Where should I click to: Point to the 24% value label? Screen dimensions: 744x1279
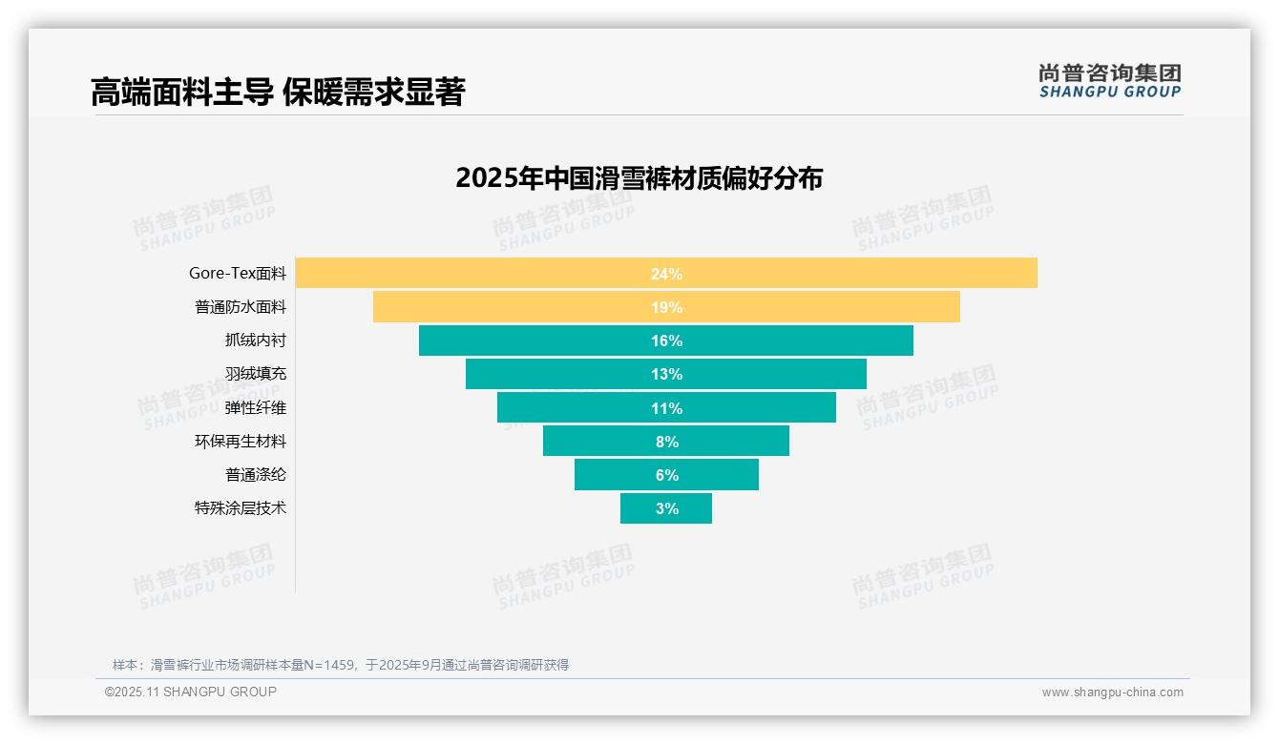coord(666,274)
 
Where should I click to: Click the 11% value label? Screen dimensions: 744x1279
coord(666,408)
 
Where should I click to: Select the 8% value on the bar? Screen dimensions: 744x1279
coord(666,442)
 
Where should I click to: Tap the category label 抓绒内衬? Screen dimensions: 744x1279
coord(255,341)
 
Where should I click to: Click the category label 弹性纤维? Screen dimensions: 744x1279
coord(255,407)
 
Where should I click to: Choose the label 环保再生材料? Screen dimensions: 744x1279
coord(240,441)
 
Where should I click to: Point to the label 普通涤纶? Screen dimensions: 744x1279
coord(255,474)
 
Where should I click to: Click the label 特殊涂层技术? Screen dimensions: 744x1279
coord(240,507)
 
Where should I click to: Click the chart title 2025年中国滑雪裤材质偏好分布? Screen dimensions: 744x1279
coord(639,178)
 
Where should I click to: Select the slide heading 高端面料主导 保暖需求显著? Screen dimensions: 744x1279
coord(277,93)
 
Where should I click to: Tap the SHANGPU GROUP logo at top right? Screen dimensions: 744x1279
coord(1109,81)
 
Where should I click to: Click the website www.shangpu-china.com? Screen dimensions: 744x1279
coord(1112,692)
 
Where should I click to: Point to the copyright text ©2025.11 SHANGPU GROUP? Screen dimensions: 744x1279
coord(190,692)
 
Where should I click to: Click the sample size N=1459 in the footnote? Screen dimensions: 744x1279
coord(328,665)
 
